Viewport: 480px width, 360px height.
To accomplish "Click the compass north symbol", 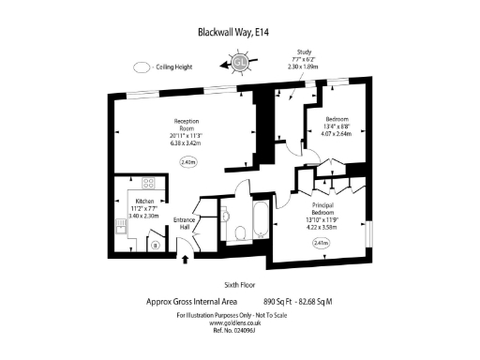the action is pos(239,63).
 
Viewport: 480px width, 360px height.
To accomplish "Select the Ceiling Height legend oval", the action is pos(142,67).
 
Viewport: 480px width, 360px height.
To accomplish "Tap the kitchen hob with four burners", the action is pos(148,183).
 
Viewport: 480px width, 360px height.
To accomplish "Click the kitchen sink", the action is pos(119,225).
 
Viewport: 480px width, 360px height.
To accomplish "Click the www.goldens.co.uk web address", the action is pos(240,323).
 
